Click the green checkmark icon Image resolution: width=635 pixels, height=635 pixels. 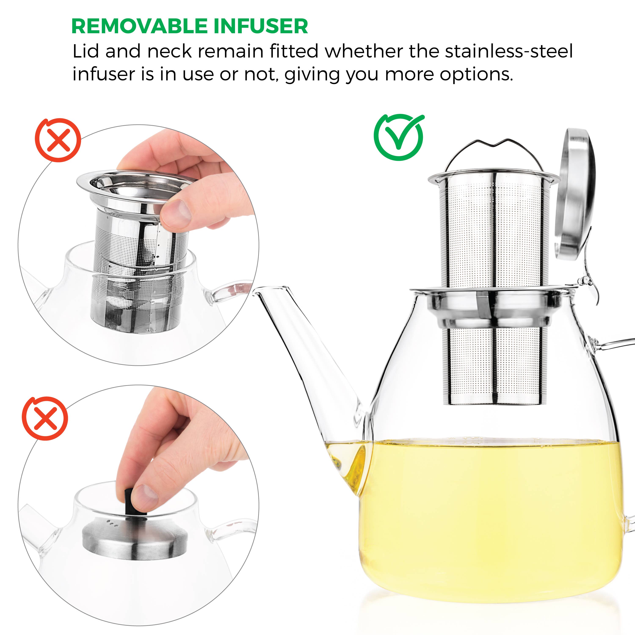click(399, 137)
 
